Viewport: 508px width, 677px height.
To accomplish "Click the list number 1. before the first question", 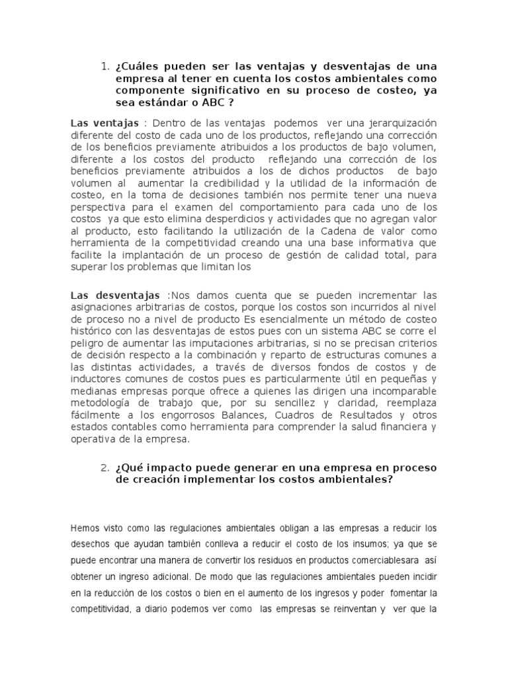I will pos(105,66).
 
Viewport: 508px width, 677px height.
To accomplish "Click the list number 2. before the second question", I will pos(105,468).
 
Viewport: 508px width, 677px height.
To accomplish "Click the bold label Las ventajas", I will pos(105,124).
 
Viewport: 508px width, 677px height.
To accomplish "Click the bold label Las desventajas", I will pos(115,294).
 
